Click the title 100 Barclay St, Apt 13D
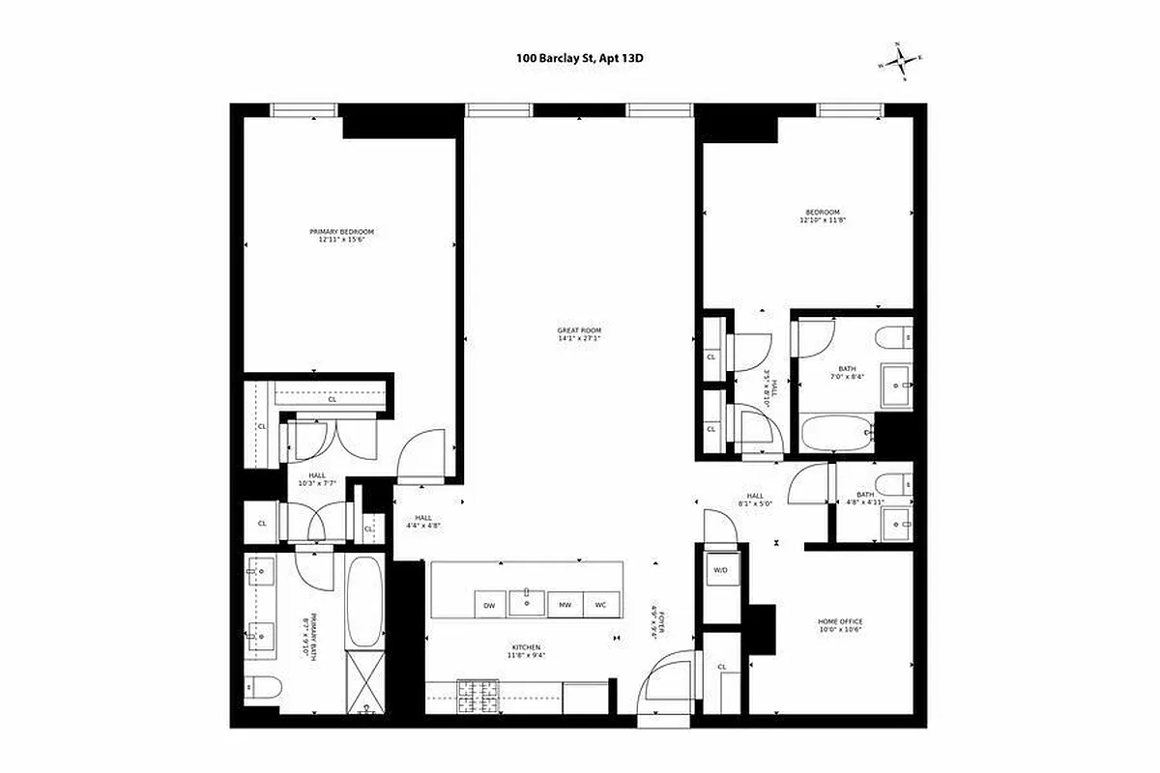click(579, 59)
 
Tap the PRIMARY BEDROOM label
click(341, 236)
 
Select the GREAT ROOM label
click(579, 334)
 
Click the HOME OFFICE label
click(839, 625)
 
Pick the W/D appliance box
click(720, 570)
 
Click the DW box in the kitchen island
click(489, 605)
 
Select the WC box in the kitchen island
click(599, 605)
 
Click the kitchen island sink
click(527, 601)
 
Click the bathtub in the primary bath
click(364, 601)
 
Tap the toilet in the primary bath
click(261, 688)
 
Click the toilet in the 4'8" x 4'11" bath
click(890, 482)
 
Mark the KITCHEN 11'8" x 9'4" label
click(526, 650)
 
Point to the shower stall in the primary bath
click(364, 683)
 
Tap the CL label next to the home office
click(722, 667)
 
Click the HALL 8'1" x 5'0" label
click(755, 499)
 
